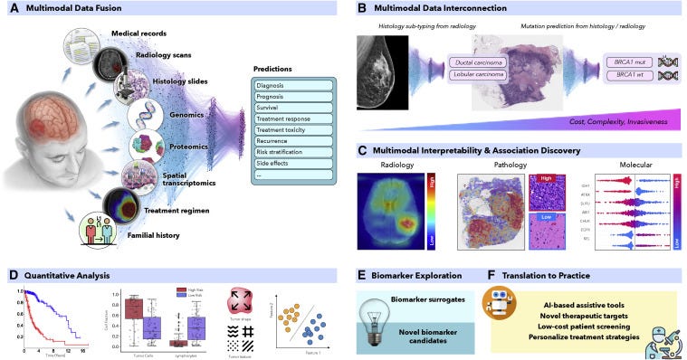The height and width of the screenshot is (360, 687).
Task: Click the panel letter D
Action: pos(13,272)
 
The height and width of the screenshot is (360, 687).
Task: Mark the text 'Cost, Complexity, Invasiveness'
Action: pos(618,119)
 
